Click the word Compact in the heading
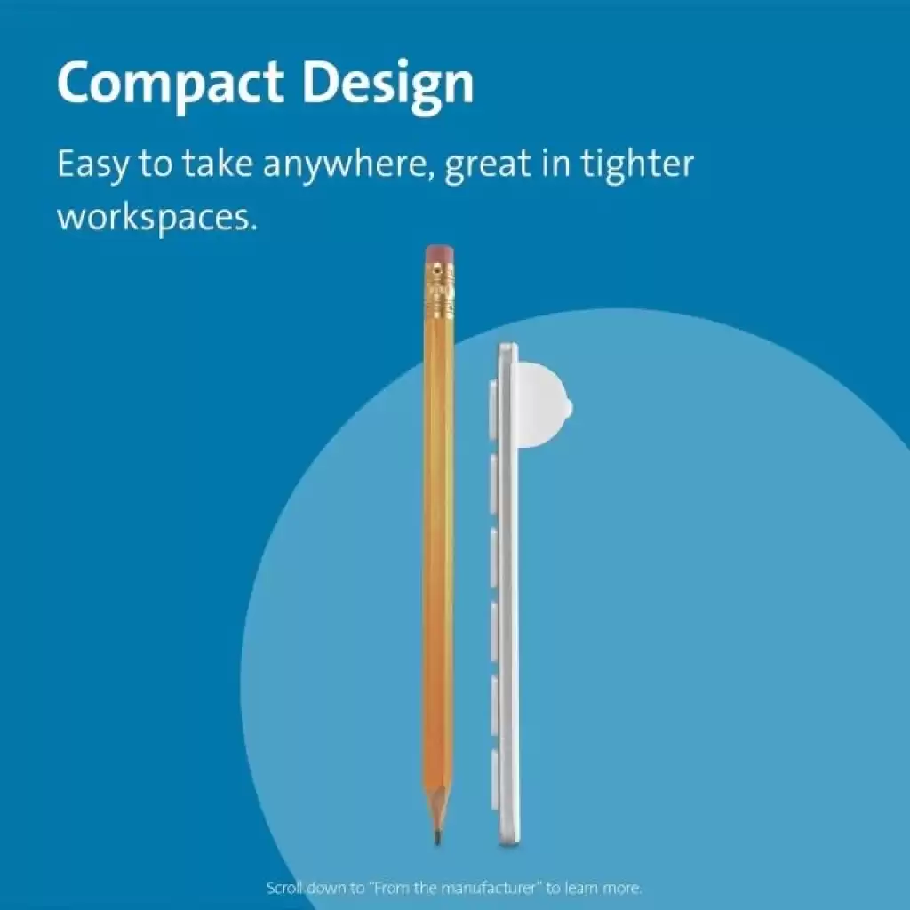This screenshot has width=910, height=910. point(171,84)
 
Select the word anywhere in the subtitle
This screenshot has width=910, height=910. point(349,165)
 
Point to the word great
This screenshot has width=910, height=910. point(488,165)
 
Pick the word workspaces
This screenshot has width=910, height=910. point(156,218)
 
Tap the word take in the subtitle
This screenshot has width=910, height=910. point(218,164)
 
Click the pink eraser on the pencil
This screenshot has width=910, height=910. point(439,253)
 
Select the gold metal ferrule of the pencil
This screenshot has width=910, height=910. point(439,291)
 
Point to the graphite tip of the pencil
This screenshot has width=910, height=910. point(437,838)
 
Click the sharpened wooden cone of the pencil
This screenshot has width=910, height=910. point(437,810)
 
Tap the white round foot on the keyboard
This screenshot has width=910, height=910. point(545,405)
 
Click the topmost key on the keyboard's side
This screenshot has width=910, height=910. point(493,411)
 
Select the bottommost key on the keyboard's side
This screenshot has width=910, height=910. point(494,779)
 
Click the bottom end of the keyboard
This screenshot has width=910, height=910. point(509,843)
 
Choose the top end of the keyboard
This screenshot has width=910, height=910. point(507,346)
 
